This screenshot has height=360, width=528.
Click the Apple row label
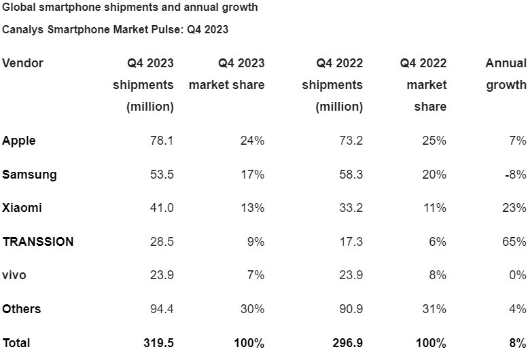point(19,141)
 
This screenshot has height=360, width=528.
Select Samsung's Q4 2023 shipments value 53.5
point(162,175)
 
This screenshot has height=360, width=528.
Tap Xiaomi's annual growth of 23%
point(514,208)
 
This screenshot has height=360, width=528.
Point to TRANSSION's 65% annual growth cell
point(514,242)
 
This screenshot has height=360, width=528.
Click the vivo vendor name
point(14,275)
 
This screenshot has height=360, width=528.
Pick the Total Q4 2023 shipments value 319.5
point(159,343)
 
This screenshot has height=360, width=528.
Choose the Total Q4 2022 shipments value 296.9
point(348,343)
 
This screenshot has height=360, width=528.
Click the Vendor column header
point(23,63)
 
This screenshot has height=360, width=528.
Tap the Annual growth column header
point(506,74)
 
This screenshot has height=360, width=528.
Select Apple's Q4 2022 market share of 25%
point(434,141)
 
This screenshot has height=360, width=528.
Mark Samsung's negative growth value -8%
point(516,175)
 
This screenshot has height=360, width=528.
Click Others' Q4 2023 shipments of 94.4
point(162,309)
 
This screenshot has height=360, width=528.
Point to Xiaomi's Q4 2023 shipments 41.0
point(162,208)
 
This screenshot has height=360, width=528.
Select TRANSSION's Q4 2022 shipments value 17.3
point(351,242)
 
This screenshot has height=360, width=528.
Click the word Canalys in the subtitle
point(23,29)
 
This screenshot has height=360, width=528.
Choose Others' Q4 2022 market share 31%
point(434,309)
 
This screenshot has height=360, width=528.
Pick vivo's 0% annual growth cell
point(517,275)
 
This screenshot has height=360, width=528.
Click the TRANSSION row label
point(38,242)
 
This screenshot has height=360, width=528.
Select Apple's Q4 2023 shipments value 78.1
point(162,141)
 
